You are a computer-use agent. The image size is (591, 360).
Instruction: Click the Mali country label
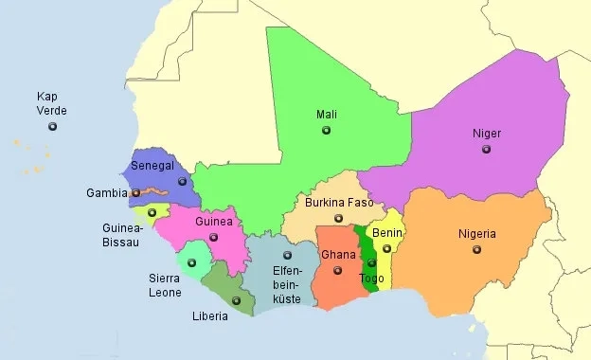point(326,115)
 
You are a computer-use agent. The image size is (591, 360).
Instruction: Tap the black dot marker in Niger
point(487,149)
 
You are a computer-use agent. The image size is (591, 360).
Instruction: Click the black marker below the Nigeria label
point(475,250)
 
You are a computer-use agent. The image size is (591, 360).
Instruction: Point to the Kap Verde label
point(52,103)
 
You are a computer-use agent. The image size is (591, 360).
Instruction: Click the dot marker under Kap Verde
point(52,126)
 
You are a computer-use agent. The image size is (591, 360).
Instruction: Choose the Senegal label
point(152,165)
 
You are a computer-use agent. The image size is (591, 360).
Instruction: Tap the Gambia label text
point(106,192)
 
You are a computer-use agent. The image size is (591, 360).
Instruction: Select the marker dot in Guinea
point(213,237)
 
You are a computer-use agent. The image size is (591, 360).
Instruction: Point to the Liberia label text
point(209,316)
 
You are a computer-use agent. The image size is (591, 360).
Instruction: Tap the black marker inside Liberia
point(236,301)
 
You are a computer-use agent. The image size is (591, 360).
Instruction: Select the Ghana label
point(337,255)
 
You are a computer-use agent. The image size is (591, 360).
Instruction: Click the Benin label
point(387,232)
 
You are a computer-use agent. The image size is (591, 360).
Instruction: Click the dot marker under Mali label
point(326,132)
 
